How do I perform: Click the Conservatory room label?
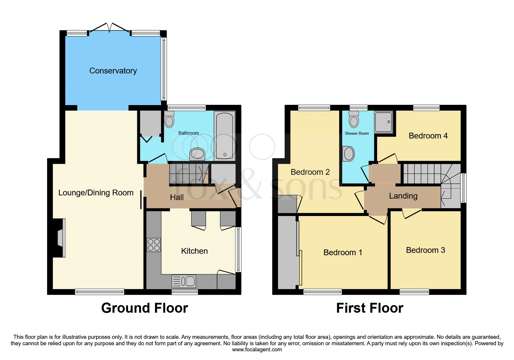pos(113,71)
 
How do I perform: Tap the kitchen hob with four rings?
pos(154,245)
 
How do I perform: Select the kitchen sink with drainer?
pos(184,281)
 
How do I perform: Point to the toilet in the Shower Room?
pos(354,119)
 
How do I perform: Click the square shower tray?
pos(384,122)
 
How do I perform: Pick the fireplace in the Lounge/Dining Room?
pos(60,238)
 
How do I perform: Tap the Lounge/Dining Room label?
pos(96,192)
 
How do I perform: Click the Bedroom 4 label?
pos(428,136)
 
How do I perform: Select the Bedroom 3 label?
pos(425,250)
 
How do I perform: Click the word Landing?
pos(403,196)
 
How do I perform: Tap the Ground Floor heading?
pos(145,308)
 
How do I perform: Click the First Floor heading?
pos(370,308)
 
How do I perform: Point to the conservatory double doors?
pos(109,28)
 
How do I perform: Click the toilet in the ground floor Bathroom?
pos(169,119)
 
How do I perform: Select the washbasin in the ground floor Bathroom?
pos(197,154)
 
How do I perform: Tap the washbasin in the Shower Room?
pos(349,154)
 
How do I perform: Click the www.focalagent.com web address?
pos(257,350)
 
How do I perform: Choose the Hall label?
pos(177,197)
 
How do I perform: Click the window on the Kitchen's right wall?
pos(238,250)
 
